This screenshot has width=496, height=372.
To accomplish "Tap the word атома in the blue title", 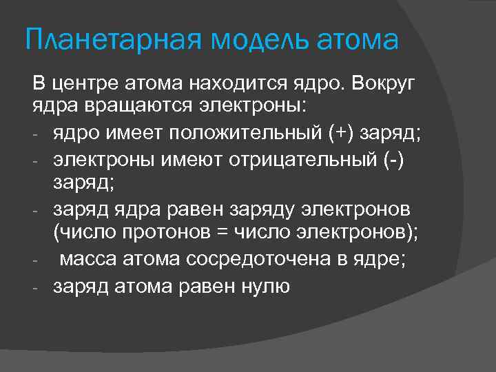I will [358, 41].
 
